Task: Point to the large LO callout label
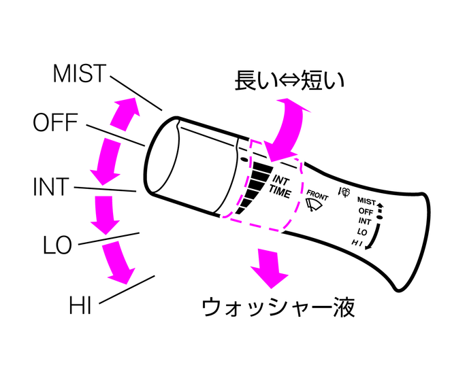(58, 246)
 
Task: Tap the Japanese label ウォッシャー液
(278, 307)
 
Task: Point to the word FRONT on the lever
(319, 193)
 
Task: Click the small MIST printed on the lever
(366, 201)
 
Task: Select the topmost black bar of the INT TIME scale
(261, 167)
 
